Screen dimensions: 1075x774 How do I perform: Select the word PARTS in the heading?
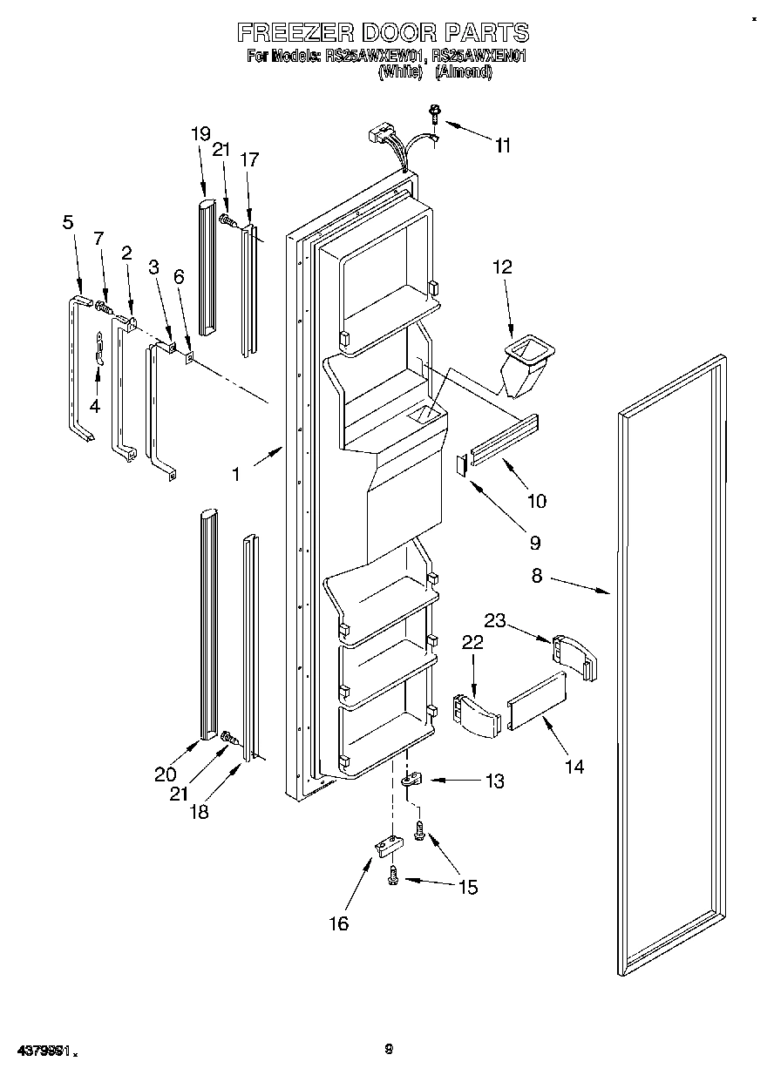pos(486,33)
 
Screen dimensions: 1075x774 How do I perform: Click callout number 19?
pos(200,133)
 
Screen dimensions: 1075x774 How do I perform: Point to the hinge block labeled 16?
pos(385,844)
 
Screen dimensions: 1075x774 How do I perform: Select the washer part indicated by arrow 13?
pos(410,781)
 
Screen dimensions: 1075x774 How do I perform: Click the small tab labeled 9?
pos(461,464)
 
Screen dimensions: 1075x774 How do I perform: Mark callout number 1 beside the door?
pos(234,474)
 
